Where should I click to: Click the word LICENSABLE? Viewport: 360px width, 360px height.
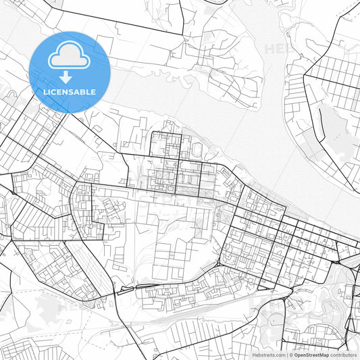click(70, 92)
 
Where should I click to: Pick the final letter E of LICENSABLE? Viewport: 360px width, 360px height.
click(93, 92)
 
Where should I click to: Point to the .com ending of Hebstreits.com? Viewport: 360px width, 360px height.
click(279, 355)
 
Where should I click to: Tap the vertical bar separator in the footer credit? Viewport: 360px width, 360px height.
click(287, 355)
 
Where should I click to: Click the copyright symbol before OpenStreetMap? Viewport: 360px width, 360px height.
click(291, 355)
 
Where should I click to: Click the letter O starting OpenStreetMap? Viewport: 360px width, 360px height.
click(296, 355)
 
